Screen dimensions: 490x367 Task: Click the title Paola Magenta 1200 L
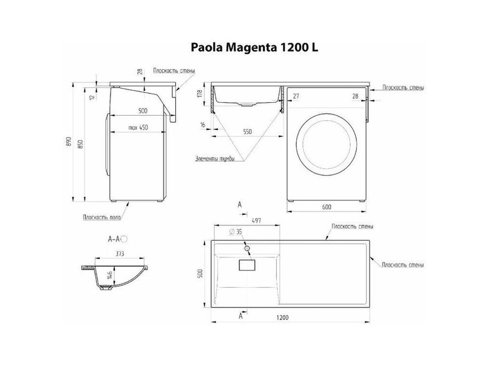[x=254, y=47]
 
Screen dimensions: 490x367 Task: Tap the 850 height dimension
[x=80, y=144]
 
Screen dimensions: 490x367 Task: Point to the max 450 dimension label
[x=138, y=128]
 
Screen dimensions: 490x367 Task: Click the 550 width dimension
[x=247, y=132]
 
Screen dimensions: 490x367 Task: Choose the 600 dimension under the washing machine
[x=326, y=206]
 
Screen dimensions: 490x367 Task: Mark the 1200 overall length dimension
[x=282, y=317]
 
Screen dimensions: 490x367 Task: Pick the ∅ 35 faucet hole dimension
[x=236, y=232]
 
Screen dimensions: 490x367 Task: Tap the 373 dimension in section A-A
[x=120, y=254]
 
